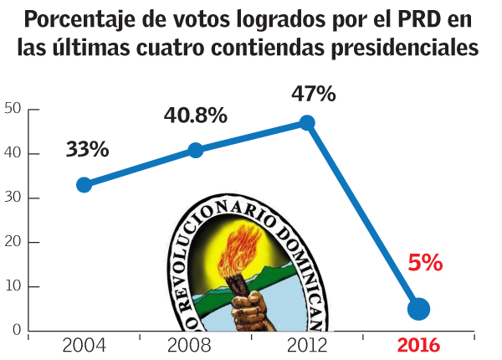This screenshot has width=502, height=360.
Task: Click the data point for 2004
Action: [x=84, y=184]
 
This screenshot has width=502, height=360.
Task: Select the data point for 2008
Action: [x=196, y=150]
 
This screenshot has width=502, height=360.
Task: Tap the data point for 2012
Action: [x=307, y=122]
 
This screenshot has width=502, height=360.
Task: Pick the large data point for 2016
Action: [x=418, y=309]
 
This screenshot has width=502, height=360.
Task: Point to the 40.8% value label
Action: [x=195, y=116]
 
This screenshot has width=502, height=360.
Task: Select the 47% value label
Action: [x=313, y=94]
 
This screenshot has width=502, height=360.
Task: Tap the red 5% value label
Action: [x=424, y=263]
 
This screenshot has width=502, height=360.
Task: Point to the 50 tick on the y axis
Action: [x=12, y=108]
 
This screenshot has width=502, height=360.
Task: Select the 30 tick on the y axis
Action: [x=12, y=198]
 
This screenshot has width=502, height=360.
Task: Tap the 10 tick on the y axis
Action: [x=12, y=286]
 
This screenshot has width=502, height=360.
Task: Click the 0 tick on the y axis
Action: [x=16, y=331]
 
